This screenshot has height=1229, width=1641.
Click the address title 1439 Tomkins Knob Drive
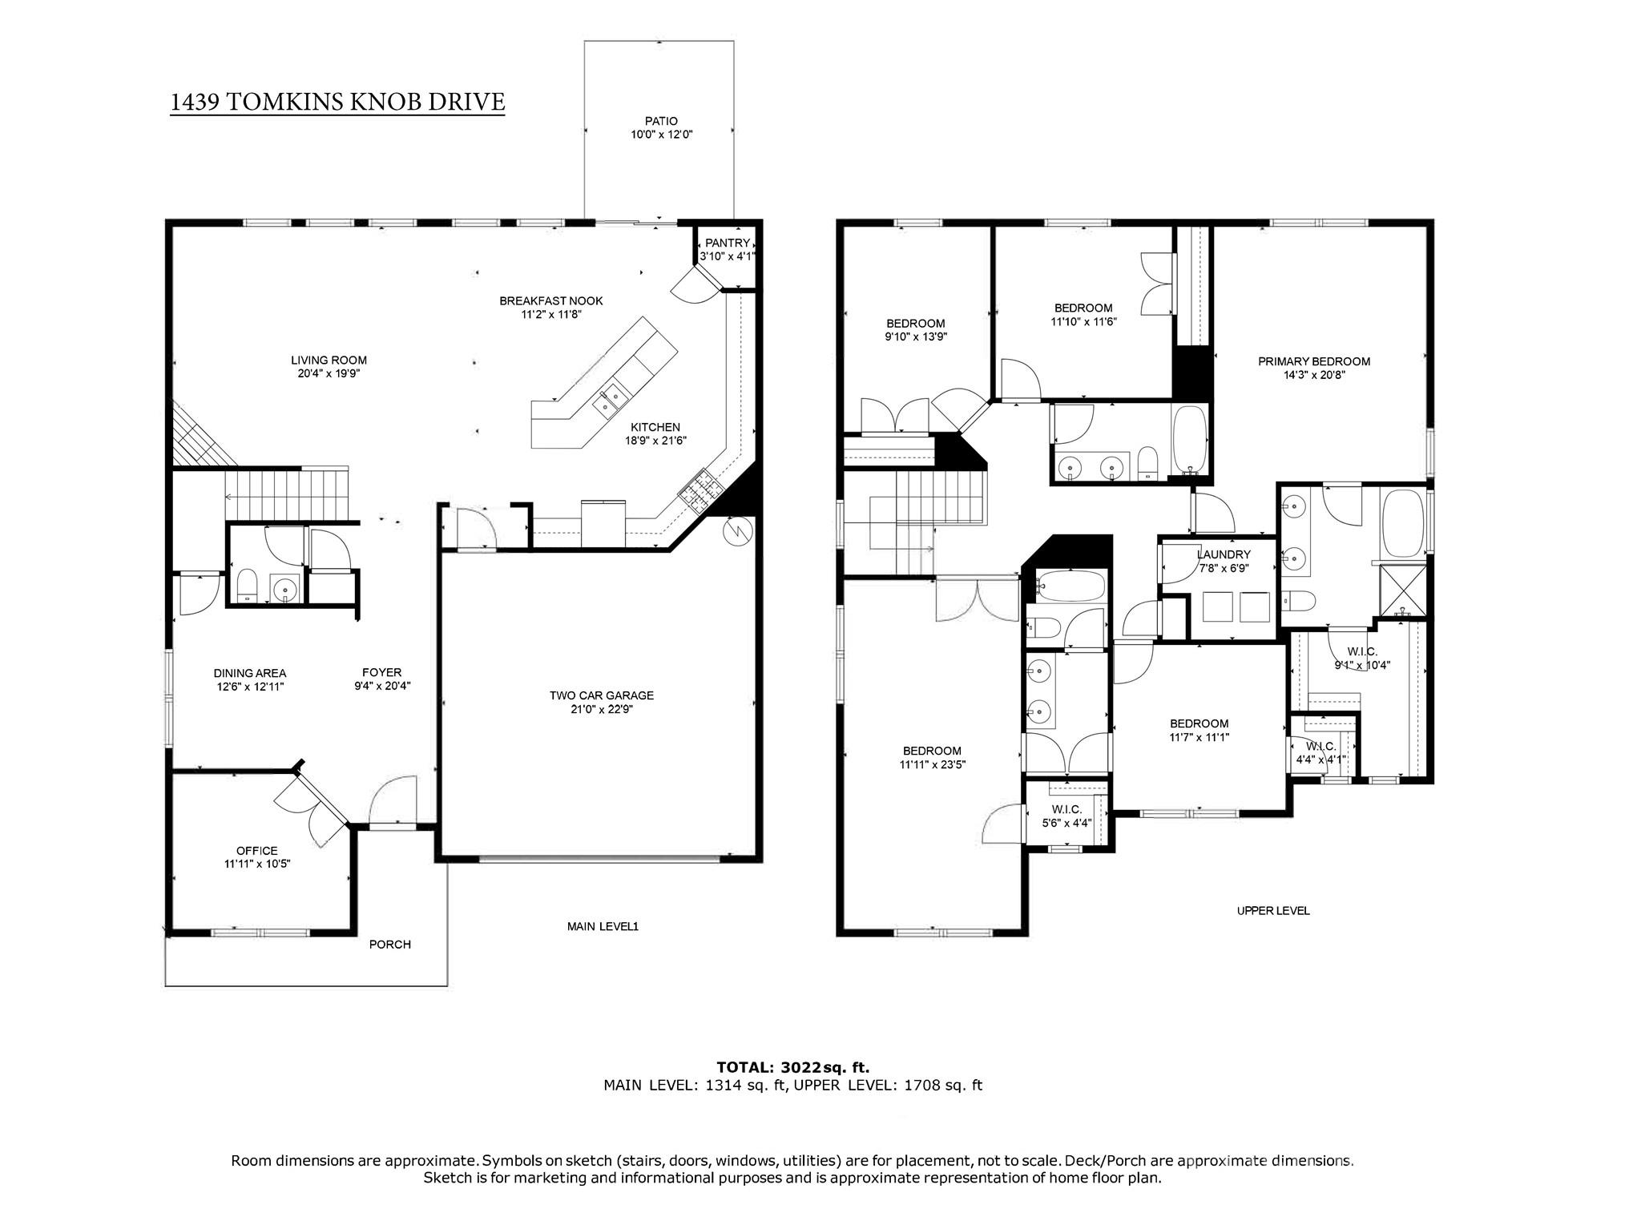[337, 102]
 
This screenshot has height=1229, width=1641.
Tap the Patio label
[661, 122]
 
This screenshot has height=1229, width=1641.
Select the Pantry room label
[728, 244]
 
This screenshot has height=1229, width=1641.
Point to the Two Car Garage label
[601, 695]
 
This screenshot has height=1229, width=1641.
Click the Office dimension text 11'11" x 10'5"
[257, 864]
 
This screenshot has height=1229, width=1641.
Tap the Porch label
[390, 945]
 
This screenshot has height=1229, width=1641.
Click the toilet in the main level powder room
[247, 585]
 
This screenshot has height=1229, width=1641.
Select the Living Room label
[329, 361]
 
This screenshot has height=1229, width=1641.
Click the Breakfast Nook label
[550, 301]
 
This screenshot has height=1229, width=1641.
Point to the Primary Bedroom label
[1314, 361]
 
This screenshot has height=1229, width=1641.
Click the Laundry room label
[1224, 554]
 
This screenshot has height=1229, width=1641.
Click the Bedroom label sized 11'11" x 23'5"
[932, 751]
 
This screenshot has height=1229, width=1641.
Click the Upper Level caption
[1273, 911]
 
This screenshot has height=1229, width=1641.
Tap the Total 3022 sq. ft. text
[792, 1067]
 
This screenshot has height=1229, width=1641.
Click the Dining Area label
[249, 673]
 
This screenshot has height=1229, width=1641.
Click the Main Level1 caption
[603, 927]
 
